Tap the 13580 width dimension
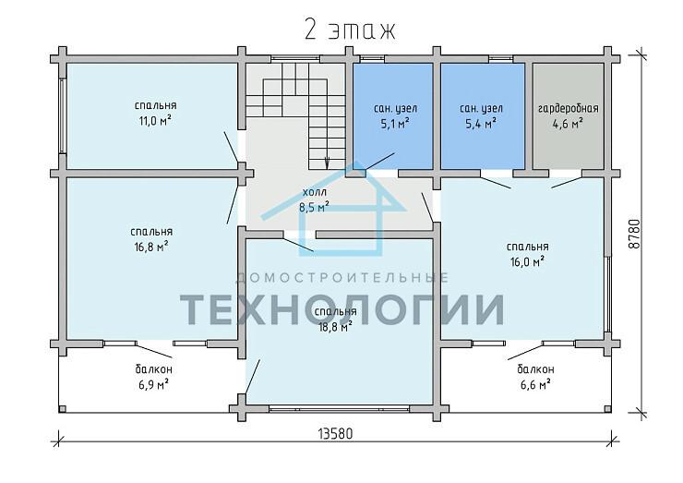pyautogui.click(x=335, y=434)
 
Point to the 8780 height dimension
pyautogui.click(x=635, y=234)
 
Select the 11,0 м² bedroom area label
pyautogui.click(x=155, y=121)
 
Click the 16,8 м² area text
pyautogui.click(x=151, y=248)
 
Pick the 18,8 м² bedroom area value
pyautogui.click(x=335, y=327)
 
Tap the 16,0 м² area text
pyautogui.click(x=527, y=262)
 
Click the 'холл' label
pyautogui.click(x=315, y=192)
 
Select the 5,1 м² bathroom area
pyautogui.click(x=395, y=124)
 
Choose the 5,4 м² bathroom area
pyautogui.click(x=481, y=124)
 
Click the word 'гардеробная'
pyautogui.click(x=568, y=109)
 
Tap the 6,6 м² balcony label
pyautogui.click(x=535, y=385)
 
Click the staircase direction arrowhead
pyautogui.click(x=327, y=163)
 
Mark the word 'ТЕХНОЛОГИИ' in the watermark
pyautogui.click(x=341, y=309)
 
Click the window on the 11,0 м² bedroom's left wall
pyautogui.click(x=63, y=115)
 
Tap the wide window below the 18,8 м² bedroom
pyautogui.click(x=339, y=409)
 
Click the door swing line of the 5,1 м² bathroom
pyautogui.click(x=379, y=162)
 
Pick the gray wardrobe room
pyautogui.click(x=568, y=116)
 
